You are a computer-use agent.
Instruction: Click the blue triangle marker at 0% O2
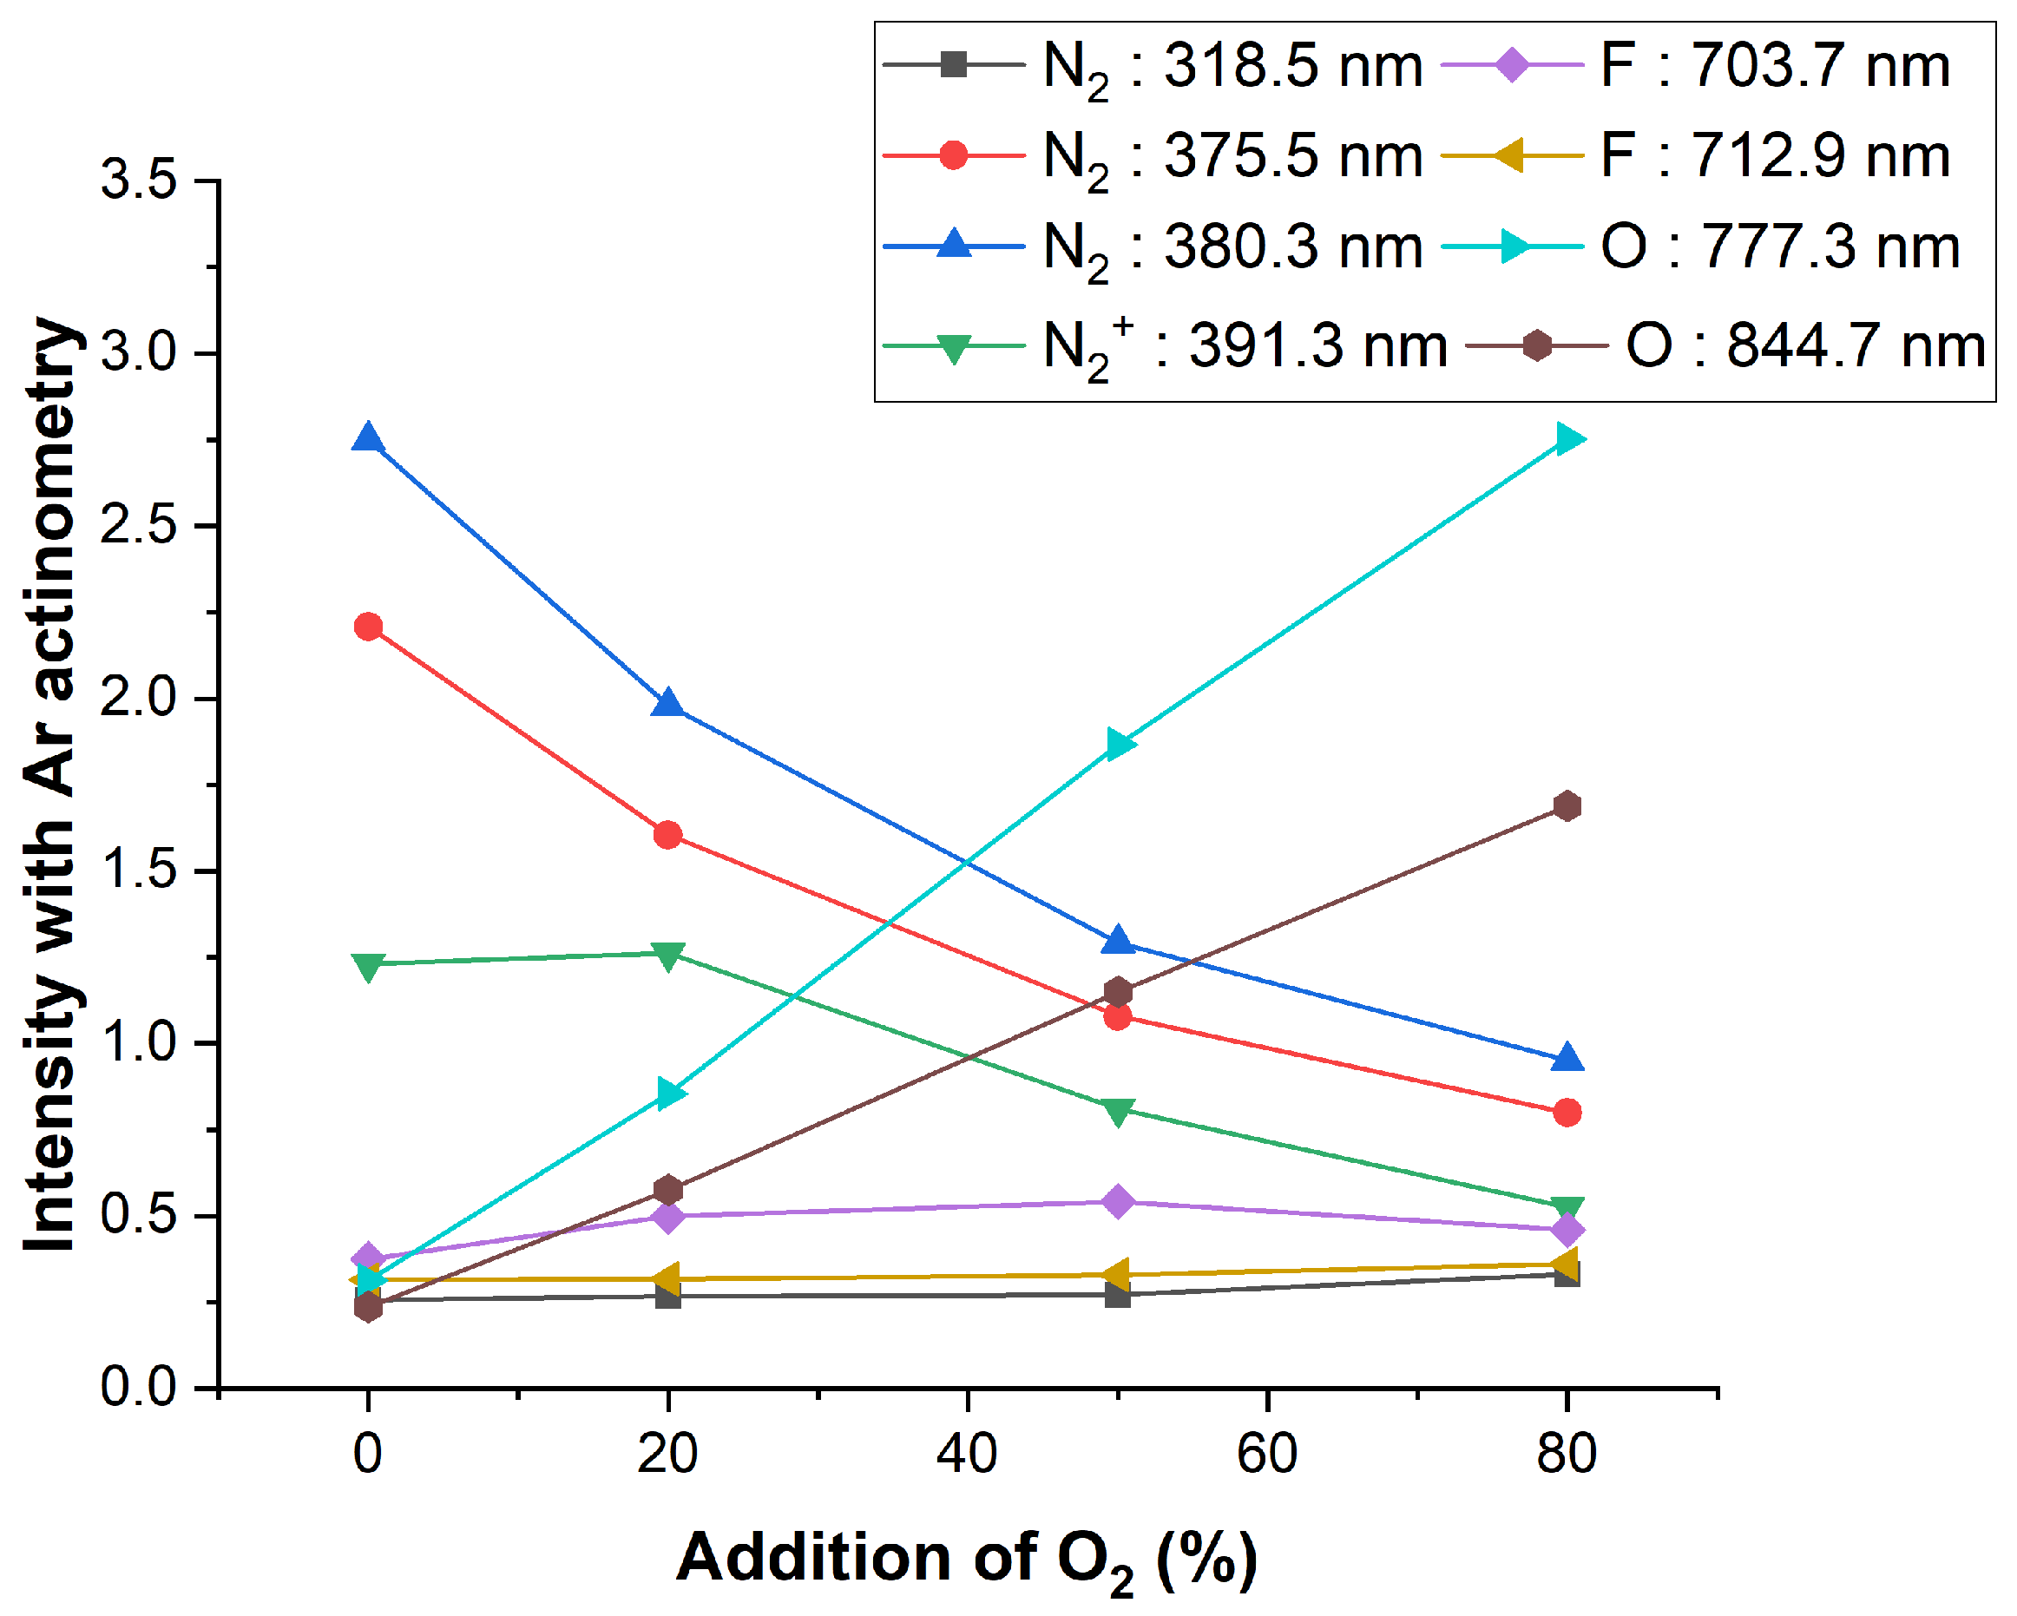(x=369, y=439)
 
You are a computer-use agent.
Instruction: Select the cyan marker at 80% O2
(x=1569, y=439)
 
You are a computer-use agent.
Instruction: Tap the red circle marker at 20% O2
(x=668, y=835)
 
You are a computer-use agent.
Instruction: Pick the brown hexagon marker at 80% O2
(x=1568, y=805)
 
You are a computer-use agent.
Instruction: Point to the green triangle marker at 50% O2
(x=1118, y=1112)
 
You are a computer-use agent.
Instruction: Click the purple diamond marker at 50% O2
(x=1118, y=1201)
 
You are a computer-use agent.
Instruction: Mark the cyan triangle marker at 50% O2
(x=1120, y=745)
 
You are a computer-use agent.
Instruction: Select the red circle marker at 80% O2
(x=1568, y=1113)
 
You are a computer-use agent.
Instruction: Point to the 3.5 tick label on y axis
(x=139, y=179)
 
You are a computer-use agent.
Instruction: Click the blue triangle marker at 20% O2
(x=668, y=705)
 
